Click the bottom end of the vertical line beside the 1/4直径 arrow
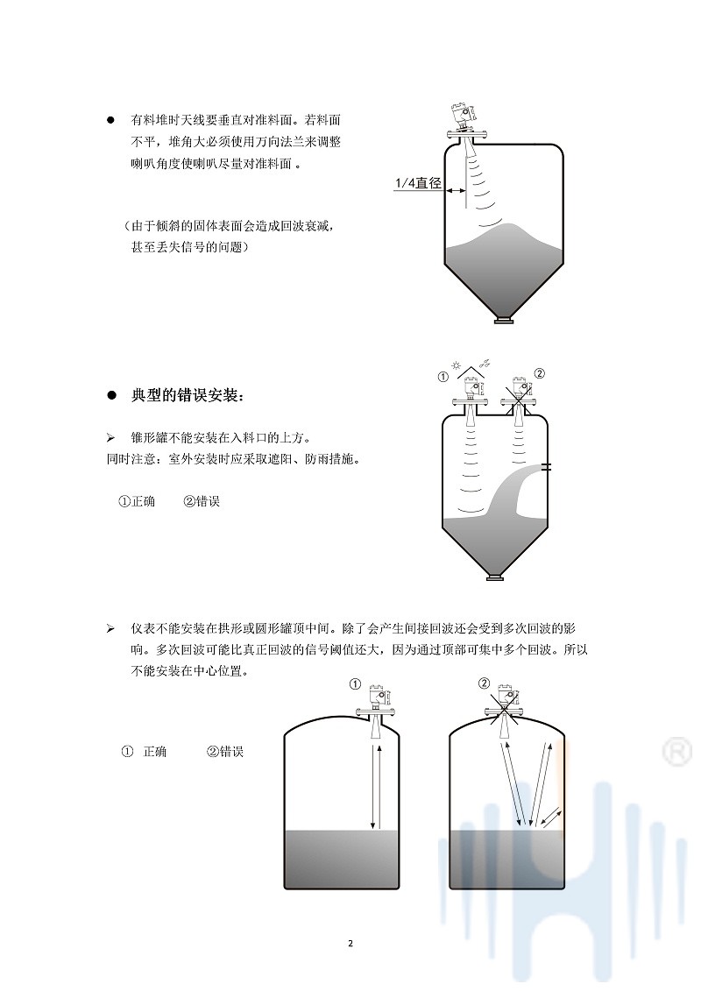[x=466, y=207]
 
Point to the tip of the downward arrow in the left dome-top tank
[x=373, y=828]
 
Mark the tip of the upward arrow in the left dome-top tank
[x=379, y=747]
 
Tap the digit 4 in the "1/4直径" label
[x=408, y=183]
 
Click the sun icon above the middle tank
[x=457, y=365]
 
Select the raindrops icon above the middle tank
[x=485, y=363]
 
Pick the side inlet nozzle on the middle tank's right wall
[x=547, y=467]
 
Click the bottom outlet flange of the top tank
[x=504, y=320]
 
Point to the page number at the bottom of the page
[x=350, y=943]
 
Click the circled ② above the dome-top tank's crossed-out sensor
[x=485, y=683]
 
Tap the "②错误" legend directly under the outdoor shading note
[x=202, y=501]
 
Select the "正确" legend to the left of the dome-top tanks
[x=155, y=752]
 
